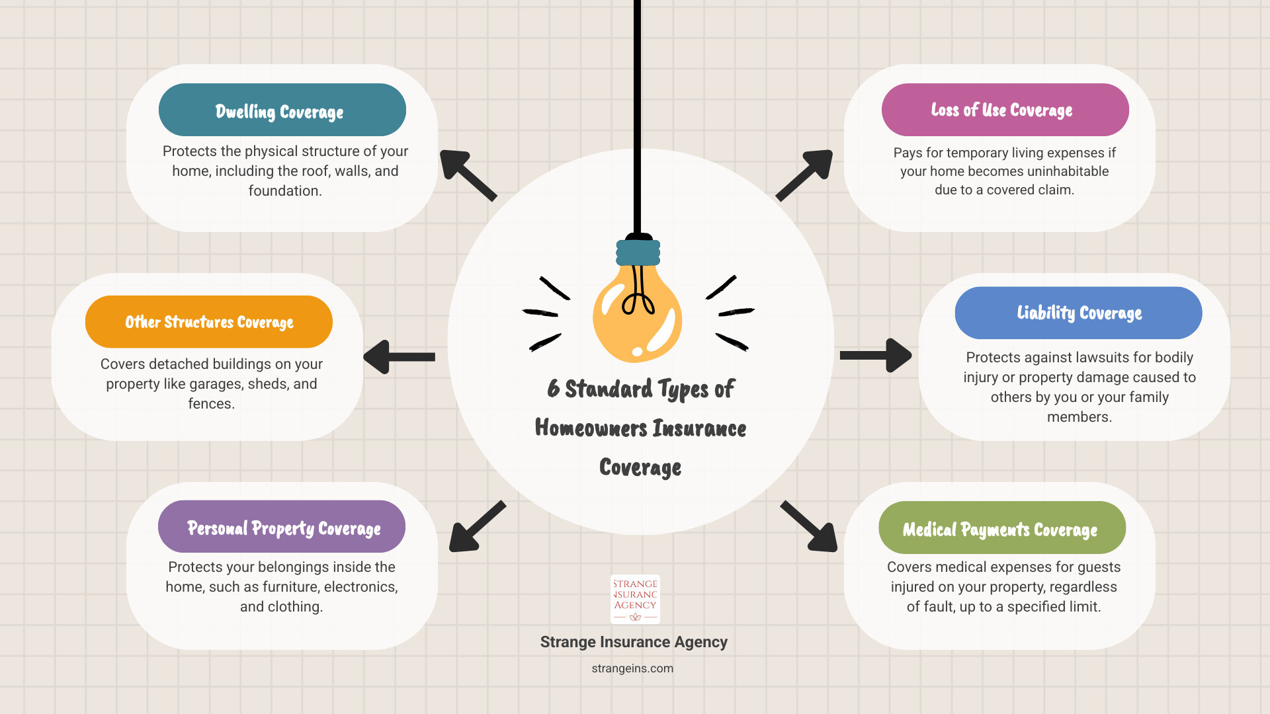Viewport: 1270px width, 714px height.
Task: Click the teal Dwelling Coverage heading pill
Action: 282,110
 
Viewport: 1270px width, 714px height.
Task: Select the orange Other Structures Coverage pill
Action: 209,322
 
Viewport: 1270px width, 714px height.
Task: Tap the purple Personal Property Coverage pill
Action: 282,527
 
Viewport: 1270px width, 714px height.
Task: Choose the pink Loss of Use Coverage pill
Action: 1005,110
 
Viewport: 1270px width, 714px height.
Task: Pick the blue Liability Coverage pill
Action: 1078,313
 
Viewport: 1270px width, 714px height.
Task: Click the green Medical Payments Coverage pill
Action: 1002,528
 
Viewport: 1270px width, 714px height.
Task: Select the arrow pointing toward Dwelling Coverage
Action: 468,175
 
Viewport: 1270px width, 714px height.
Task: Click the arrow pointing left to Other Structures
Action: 399,357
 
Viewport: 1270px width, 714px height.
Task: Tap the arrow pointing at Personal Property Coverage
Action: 478,526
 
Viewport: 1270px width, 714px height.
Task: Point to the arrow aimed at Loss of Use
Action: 804,175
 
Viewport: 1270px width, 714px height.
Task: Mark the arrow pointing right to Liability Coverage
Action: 876,356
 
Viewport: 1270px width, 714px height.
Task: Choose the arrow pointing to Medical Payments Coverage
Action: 809,526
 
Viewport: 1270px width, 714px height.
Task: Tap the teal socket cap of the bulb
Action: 638,252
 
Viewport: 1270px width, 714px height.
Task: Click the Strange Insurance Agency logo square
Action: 635,599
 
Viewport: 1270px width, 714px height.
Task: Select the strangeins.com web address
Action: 632,668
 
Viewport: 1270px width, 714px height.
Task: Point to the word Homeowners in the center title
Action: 591,428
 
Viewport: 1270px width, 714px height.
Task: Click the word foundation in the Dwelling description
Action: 285,190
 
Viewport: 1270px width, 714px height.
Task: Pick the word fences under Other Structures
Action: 211,403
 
